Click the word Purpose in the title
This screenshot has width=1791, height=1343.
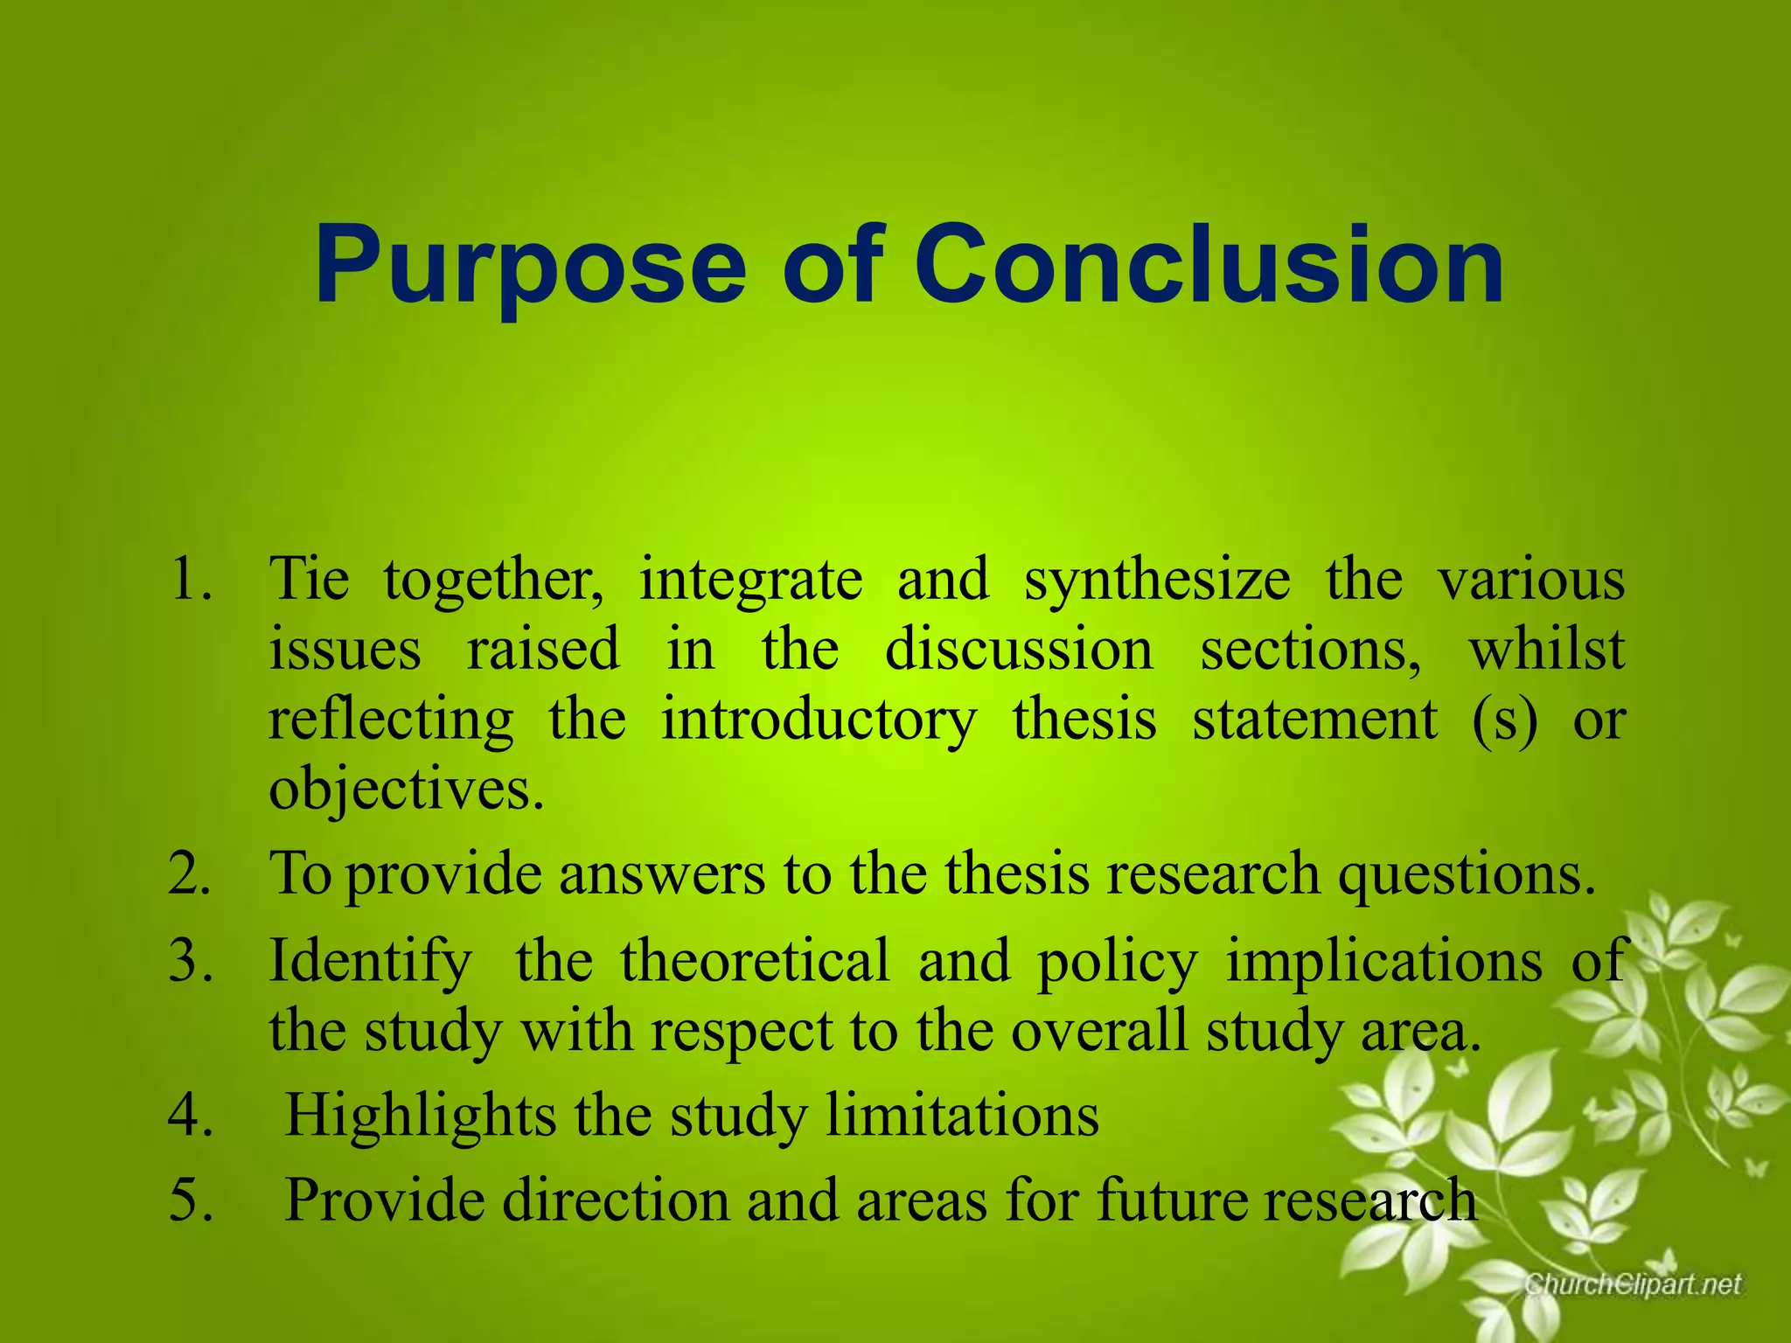tap(530, 266)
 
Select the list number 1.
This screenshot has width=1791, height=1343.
tap(191, 579)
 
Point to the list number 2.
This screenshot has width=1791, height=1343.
tap(191, 873)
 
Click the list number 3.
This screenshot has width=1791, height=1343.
tap(191, 960)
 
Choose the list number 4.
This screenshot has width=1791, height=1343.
tap(191, 1116)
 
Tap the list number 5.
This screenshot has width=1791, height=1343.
tap(191, 1200)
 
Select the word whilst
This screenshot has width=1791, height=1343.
tap(1546, 650)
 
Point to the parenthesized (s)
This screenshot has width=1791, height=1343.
tap(1504, 720)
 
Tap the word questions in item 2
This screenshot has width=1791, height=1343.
tap(1467, 875)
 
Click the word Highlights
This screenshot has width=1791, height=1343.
tap(421, 1117)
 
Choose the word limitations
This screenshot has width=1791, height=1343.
tap(962, 1116)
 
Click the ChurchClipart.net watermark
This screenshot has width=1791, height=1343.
tap(1633, 1284)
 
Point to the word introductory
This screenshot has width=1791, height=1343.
tap(818, 720)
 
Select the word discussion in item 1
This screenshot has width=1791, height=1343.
tap(1019, 650)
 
